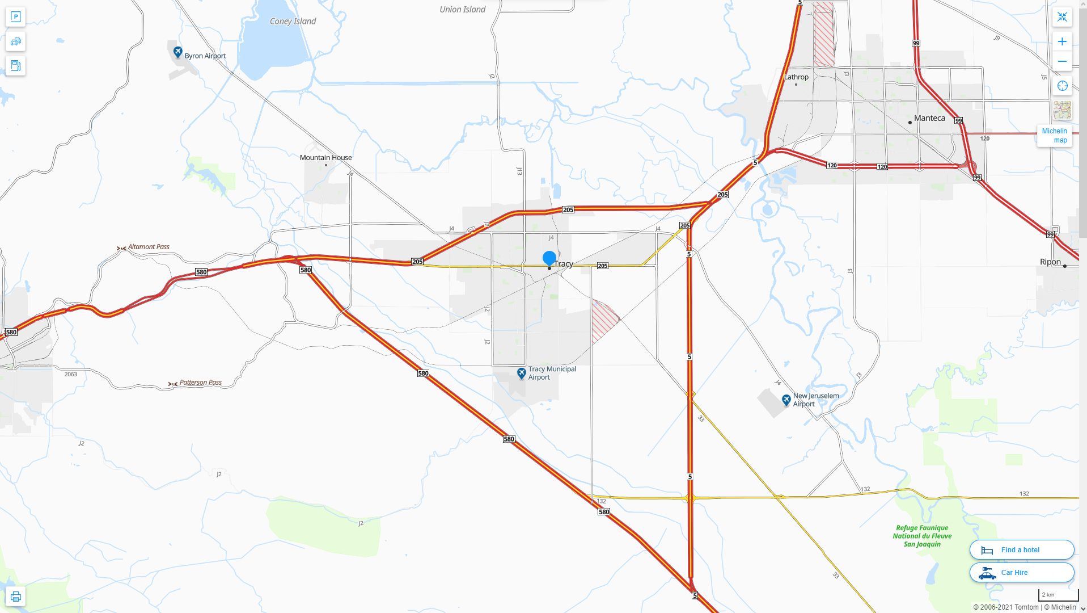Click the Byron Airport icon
click(x=177, y=52)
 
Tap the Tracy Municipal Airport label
click(x=552, y=373)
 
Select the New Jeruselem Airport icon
click(x=786, y=400)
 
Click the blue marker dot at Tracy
click(x=549, y=258)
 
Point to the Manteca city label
click(x=929, y=118)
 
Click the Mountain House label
click(x=325, y=157)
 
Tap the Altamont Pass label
click(x=149, y=246)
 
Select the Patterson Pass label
click(x=200, y=383)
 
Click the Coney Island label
click(x=293, y=21)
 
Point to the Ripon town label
click(x=1050, y=262)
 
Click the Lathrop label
click(x=796, y=77)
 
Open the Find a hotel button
click(x=1021, y=549)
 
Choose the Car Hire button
click(x=1021, y=572)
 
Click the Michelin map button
click(x=1054, y=135)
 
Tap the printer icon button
click(x=16, y=596)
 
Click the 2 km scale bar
click(x=1058, y=595)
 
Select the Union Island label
click(x=462, y=9)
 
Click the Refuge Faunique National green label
click(x=922, y=536)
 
